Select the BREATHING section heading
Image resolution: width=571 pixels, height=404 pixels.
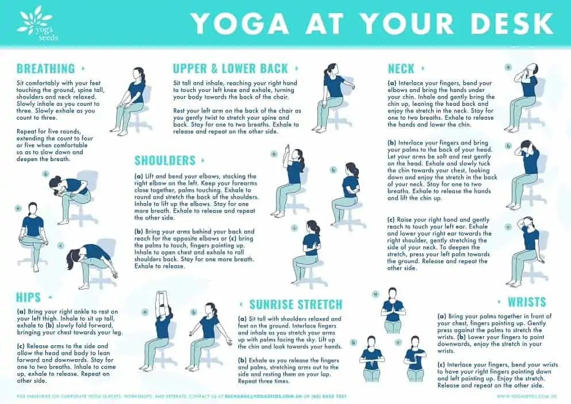(45, 69)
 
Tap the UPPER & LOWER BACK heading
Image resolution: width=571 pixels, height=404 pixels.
(230, 68)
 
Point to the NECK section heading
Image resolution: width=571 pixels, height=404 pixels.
(401, 69)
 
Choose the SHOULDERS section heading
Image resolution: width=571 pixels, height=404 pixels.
(165, 161)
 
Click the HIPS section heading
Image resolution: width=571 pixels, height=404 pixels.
(29, 298)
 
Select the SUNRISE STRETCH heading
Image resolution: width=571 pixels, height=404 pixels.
(296, 304)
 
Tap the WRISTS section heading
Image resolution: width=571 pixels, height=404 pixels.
(527, 302)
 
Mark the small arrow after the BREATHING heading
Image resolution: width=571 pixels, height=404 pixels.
(83, 68)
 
